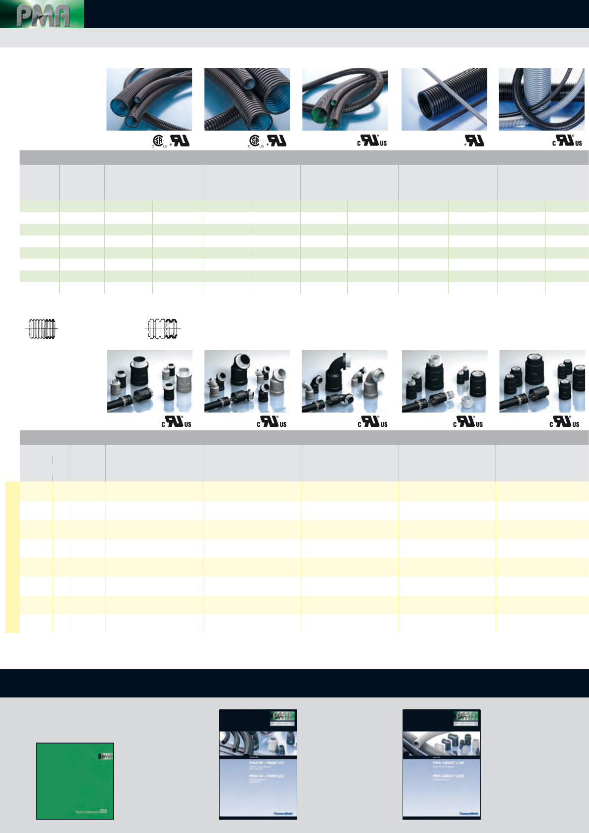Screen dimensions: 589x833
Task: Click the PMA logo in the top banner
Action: [43, 14]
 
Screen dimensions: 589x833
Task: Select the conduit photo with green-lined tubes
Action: [345, 99]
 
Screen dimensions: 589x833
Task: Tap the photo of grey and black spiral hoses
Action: [542, 99]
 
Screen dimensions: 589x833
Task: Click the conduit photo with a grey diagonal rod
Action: [444, 99]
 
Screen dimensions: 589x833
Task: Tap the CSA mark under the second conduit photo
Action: [255, 141]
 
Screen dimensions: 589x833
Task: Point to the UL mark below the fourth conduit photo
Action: [475, 141]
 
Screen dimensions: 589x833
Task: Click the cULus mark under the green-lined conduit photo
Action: [372, 141]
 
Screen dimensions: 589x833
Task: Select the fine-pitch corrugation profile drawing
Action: [42, 329]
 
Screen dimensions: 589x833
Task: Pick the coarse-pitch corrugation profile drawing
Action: [163, 329]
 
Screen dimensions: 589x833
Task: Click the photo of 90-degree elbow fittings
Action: [345, 381]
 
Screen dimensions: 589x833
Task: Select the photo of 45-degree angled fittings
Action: [247, 381]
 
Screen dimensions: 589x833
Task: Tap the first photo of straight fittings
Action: [149, 381]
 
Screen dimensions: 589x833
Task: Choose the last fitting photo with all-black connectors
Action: [542, 381]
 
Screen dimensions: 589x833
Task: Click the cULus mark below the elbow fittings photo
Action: [372, 422]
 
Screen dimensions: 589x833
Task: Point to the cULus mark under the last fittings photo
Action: [564, 422]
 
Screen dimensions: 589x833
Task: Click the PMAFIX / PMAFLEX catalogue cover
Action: [258, 764]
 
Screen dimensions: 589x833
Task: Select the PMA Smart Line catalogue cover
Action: [442, 764]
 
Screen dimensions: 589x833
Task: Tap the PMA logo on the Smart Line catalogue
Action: [466, 716]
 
